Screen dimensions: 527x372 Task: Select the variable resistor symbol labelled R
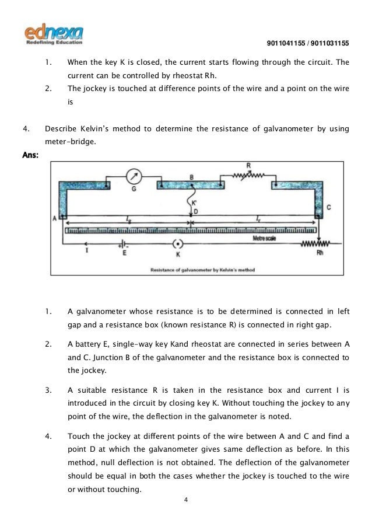[248, 174]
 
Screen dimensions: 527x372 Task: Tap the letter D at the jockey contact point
[195, 211]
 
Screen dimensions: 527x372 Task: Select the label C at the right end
[328, 208]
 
